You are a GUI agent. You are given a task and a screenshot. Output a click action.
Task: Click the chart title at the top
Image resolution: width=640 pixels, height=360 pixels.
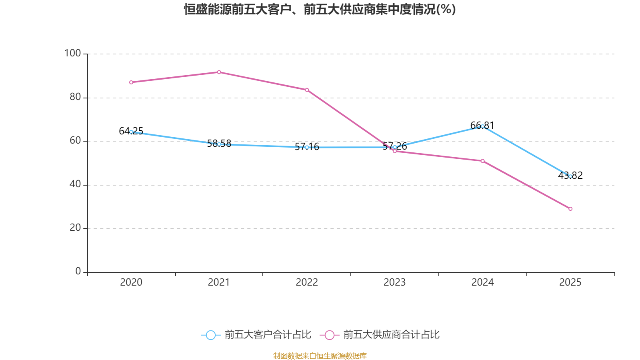[x=320, y=9]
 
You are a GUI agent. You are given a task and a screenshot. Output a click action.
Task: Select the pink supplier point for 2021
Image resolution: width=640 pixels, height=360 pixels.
[x=219, y=72]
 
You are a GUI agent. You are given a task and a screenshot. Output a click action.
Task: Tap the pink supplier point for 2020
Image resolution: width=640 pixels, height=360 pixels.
[x=131, y=82]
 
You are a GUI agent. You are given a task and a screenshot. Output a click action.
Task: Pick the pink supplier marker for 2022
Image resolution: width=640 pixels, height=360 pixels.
[x=307, y=90]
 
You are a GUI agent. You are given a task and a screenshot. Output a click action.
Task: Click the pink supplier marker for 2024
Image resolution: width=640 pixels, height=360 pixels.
[x=482, y=161]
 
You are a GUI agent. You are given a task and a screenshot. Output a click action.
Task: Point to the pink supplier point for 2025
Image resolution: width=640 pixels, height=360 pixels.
[x=570, y=209]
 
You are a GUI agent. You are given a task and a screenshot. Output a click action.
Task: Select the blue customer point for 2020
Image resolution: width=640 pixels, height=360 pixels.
[x=131, y=132]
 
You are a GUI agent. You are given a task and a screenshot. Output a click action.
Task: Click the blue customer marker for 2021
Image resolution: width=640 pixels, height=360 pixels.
[x=219, y=144]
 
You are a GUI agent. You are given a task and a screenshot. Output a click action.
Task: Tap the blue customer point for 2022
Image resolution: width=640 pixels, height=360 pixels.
[x=307, y=147]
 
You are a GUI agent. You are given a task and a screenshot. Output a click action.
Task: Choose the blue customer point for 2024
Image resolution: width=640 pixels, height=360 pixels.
[x=482, y=126]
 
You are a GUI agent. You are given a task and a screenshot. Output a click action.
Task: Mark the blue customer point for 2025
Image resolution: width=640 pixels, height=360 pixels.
[x=570, y=176]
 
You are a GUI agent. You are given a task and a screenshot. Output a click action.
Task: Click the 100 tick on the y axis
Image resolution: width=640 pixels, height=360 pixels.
[x=72, y=53]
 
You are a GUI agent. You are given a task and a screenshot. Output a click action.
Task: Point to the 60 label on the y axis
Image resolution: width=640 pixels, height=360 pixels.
[x=75, y=140]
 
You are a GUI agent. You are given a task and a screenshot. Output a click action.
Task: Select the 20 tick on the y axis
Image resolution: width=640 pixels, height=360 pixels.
[x=75, y=228]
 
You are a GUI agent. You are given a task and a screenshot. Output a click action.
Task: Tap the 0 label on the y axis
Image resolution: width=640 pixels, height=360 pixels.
[x=78, y=271]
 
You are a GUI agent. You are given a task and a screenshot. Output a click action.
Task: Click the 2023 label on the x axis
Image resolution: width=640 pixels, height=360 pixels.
[x=394, y=282]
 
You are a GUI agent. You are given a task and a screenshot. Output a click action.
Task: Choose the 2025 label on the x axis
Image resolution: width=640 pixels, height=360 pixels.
[x=570, y=282]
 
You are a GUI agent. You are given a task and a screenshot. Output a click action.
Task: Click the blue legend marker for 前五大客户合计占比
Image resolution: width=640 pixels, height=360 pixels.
[x=210, y=335]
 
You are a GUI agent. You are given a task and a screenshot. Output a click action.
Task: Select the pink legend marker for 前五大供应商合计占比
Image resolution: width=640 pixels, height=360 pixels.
[x=329, y=335]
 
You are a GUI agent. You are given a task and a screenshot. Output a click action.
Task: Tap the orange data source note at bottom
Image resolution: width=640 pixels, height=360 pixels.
[x=320, y=356]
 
